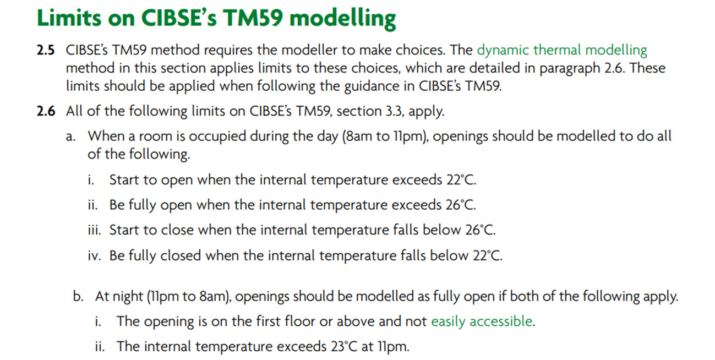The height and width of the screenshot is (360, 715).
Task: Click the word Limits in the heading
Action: point(69,18)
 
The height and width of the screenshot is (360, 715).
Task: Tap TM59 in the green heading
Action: point(253,18)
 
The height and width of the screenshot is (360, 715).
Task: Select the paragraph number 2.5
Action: point(46,51)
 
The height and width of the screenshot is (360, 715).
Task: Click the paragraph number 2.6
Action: point(46,111)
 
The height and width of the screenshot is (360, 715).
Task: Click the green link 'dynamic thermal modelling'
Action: point(562,51)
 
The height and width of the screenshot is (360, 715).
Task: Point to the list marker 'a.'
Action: point(71,137)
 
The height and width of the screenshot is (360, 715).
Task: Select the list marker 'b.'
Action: point(78,297)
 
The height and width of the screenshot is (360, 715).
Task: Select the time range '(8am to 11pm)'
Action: point(385,137)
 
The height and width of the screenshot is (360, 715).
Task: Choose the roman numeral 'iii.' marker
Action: point(94,230)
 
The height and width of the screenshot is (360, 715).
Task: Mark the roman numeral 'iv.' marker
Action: point(95,255)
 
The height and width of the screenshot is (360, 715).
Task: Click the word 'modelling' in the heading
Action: point(342,19)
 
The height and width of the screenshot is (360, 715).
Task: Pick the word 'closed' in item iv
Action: point(181,255)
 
